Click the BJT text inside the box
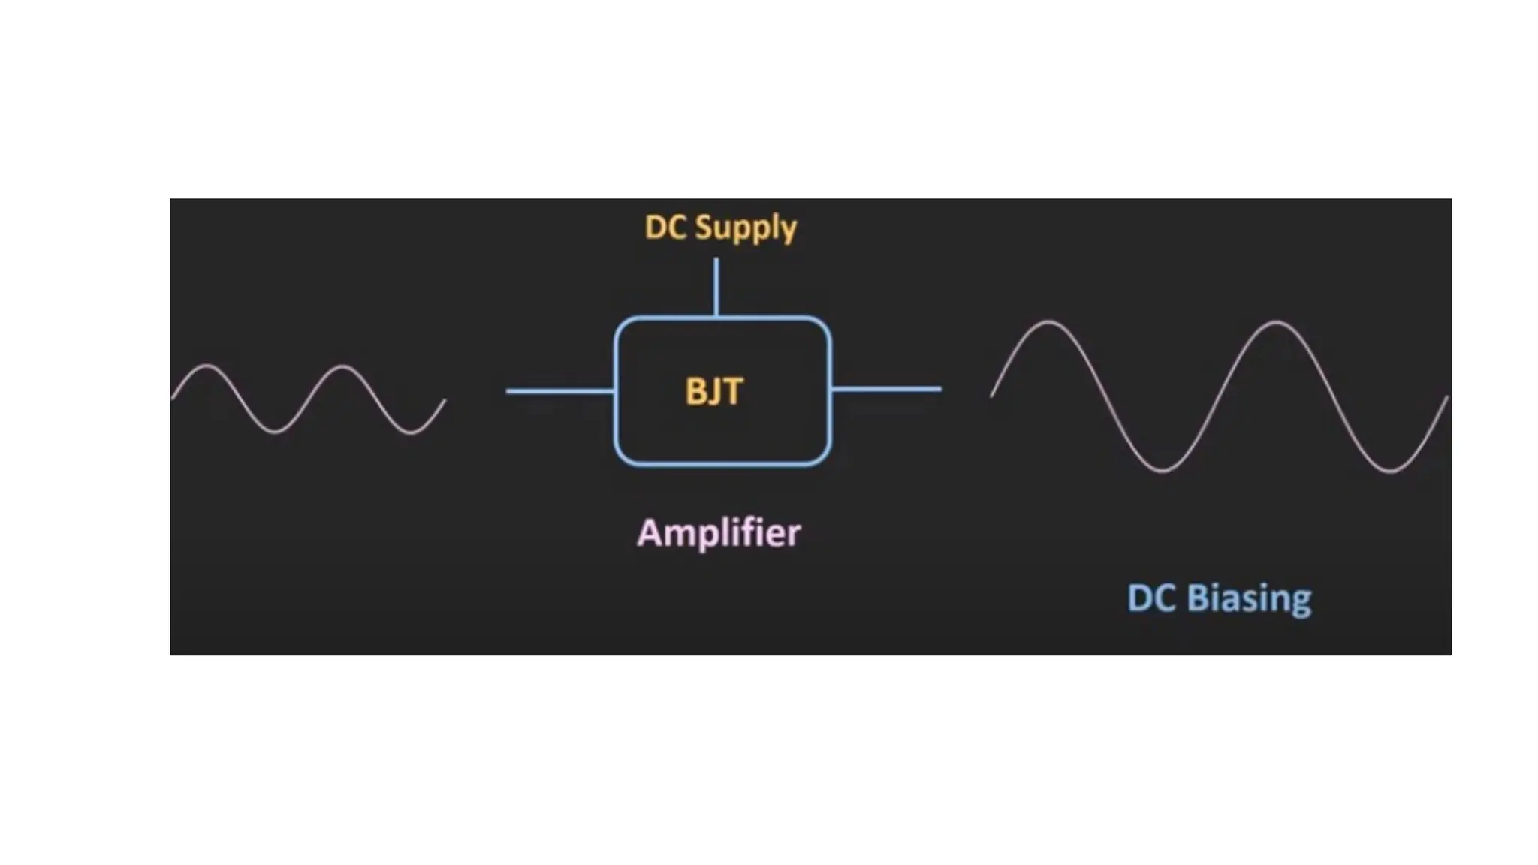714,392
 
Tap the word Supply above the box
746,228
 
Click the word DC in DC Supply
665,228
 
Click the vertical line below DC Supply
716,287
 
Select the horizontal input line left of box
559,391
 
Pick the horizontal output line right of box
886,389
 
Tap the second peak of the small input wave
342,366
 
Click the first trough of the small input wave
275,432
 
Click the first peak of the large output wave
1048,322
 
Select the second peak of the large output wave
1277,322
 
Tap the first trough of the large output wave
1163,471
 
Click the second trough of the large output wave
1391,472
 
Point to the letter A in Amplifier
649,532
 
